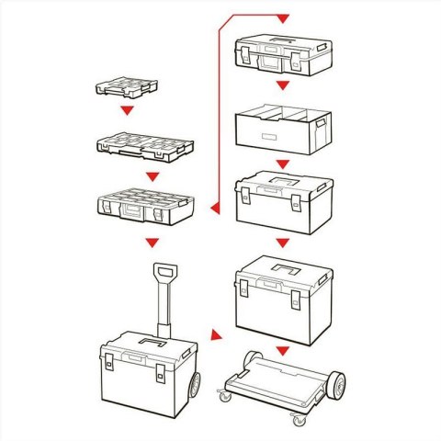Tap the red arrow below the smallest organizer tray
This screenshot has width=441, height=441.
[x=128, y=111]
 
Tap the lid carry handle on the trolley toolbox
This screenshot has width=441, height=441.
[x=141, y=345]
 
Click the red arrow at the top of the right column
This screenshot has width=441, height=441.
[x=282, y=19]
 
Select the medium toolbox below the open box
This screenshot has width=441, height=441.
[x=283, y=204]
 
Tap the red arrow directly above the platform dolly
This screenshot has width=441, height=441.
[x=283, y=349]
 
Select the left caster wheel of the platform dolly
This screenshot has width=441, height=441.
[x=224, y=396]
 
